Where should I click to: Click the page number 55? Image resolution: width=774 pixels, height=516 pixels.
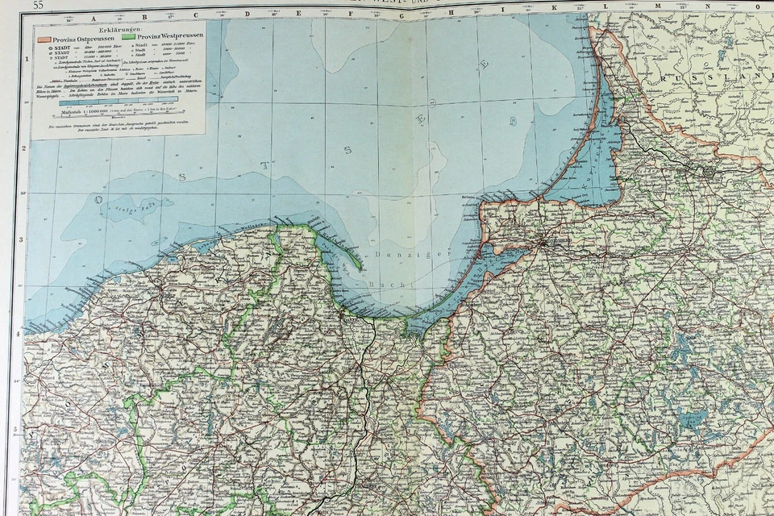pyautogui.click(x=38, y=6)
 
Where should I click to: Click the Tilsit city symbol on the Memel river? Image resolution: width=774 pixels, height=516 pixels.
pyautogui.click(x=709, y=170)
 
